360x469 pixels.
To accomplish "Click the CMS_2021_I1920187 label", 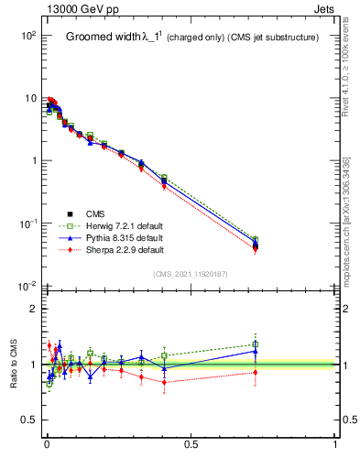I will [189, 274].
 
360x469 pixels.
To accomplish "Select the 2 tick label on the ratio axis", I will [33, 309].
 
